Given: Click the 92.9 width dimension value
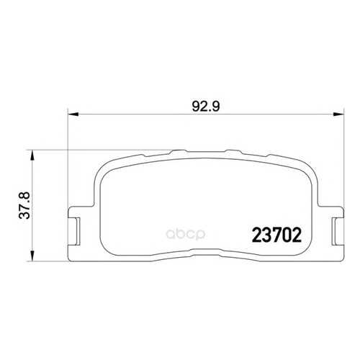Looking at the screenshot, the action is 206,107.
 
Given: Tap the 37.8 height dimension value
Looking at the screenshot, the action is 24,205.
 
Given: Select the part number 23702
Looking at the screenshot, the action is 276,235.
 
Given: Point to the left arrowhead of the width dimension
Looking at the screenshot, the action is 73,114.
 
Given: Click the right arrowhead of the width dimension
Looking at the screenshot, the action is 339,114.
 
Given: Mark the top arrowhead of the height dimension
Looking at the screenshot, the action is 32,156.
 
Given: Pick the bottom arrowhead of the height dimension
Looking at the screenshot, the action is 32,256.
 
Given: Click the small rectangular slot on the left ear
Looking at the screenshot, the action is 77,231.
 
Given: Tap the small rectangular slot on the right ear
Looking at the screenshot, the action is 335,231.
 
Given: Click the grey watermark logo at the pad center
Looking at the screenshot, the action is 186,235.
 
